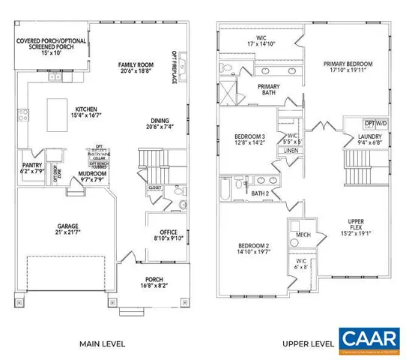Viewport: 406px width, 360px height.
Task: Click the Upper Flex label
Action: pyautogui.click(x=355, y=226)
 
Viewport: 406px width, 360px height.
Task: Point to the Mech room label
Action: pyautogui.click(x=304, y=235)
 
